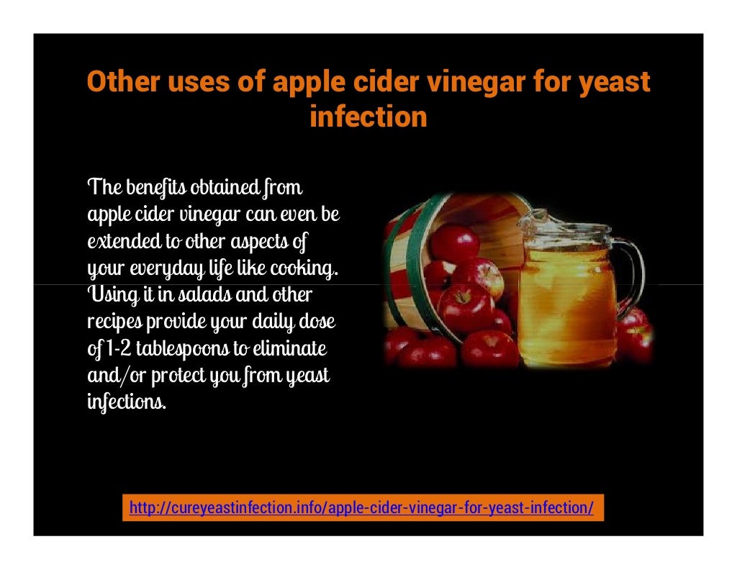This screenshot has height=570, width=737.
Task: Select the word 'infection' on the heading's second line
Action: coord(368,117)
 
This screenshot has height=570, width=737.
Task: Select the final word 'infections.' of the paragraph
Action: coord(127,402)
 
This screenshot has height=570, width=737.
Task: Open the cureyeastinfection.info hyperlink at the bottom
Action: coord(361,508)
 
